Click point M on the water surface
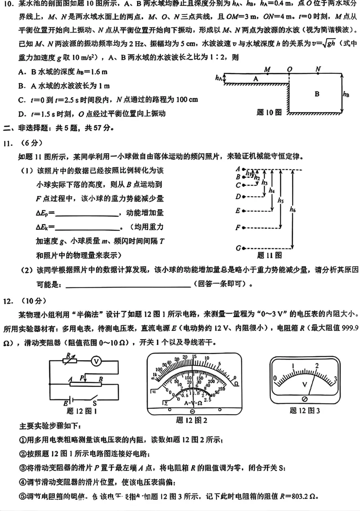[x=267, y=75]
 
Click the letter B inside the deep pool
[x=317, y=94]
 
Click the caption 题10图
[x=269, y=112]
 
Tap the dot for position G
[x=243, y=248]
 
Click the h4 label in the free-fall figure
[x=271, y=190]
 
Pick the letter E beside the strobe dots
[x=237, y=210]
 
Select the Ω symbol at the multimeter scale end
[x=236, y=384]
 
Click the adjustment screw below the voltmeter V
[x=305, y=399]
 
